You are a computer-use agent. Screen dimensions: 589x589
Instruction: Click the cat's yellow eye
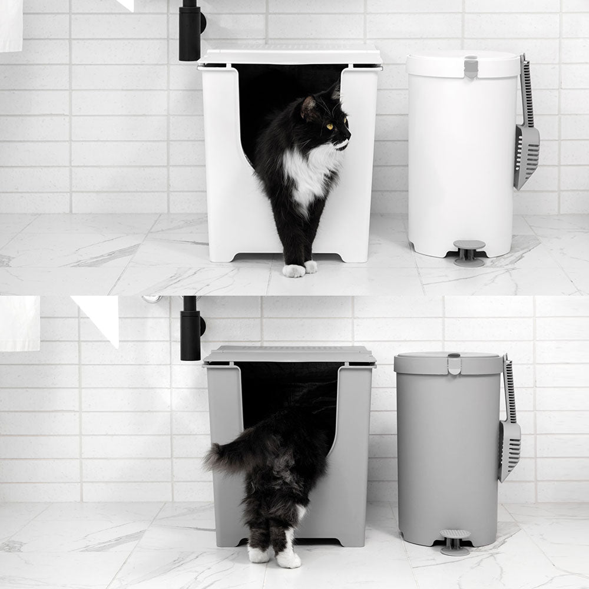(x=329, y=126)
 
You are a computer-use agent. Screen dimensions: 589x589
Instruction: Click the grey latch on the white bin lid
(x=471, y=67)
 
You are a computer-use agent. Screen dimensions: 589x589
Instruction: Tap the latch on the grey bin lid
(x=454, y=363)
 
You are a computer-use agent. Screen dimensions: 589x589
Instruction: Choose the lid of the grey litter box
(x=290, y=355)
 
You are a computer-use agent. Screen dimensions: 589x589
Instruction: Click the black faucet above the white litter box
(x=190, y=32)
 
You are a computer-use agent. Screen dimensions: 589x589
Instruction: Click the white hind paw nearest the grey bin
(x=289, y=557)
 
